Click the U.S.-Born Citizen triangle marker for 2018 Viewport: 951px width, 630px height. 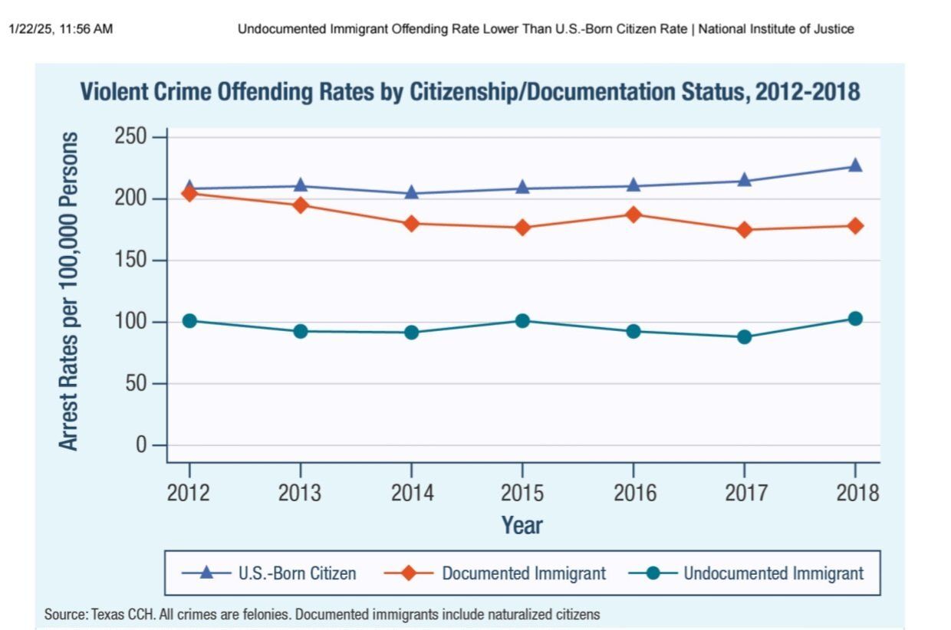tap(855, 166)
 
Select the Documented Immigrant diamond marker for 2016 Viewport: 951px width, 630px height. tap(633, 215)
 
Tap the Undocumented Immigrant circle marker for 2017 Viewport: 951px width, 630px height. tap(744, 336)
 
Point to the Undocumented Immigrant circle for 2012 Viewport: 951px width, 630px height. tap(189, 320)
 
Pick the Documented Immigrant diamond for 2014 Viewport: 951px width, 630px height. tap(412, 224)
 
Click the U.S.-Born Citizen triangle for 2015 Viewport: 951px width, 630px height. tap(522, 187)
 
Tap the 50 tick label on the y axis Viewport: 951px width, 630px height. tap(136, 383)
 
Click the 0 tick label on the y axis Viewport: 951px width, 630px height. tap(140, 445)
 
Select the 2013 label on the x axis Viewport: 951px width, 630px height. tap(300, 492)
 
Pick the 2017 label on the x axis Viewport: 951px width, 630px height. tap(744, 492)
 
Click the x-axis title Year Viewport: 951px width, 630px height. tap(522, 526)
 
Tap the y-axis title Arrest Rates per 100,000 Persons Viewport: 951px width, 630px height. tap(70, 291)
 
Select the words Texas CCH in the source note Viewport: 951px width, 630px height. tap(115, 615)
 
